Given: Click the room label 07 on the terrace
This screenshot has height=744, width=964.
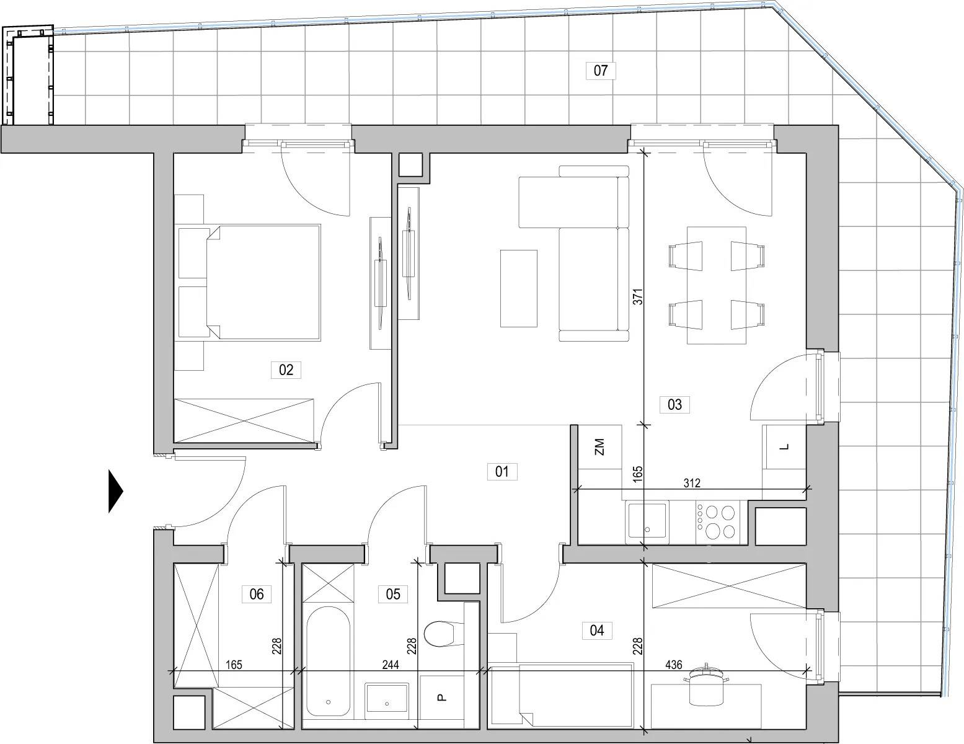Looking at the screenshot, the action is (600, 71).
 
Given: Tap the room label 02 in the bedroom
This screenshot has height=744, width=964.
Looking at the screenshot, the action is (286, 370).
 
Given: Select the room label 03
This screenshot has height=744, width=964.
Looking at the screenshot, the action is (674, 404).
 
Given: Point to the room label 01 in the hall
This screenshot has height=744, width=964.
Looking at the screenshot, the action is (502, 471).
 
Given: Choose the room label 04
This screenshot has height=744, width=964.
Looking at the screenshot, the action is (596, 630).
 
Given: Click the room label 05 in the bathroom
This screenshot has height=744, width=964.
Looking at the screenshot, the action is (393, 593).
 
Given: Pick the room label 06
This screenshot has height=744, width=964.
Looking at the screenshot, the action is (257, 593).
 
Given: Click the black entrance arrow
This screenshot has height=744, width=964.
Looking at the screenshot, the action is (115, 491).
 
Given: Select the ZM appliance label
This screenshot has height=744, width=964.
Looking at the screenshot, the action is (599, 447).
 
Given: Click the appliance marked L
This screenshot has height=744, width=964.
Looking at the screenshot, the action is (784, 447).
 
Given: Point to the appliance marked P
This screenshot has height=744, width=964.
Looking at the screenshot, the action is (441, 697).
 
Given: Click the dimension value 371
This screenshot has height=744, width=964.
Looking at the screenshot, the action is (637, 296).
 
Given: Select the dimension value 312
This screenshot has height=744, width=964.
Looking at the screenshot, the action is (692, 483).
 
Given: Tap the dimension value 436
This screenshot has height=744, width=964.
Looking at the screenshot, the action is (674, 665).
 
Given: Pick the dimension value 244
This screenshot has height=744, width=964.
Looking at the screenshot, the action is (391, 665).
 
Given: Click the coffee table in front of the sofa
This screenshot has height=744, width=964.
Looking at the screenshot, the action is (519, 288).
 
